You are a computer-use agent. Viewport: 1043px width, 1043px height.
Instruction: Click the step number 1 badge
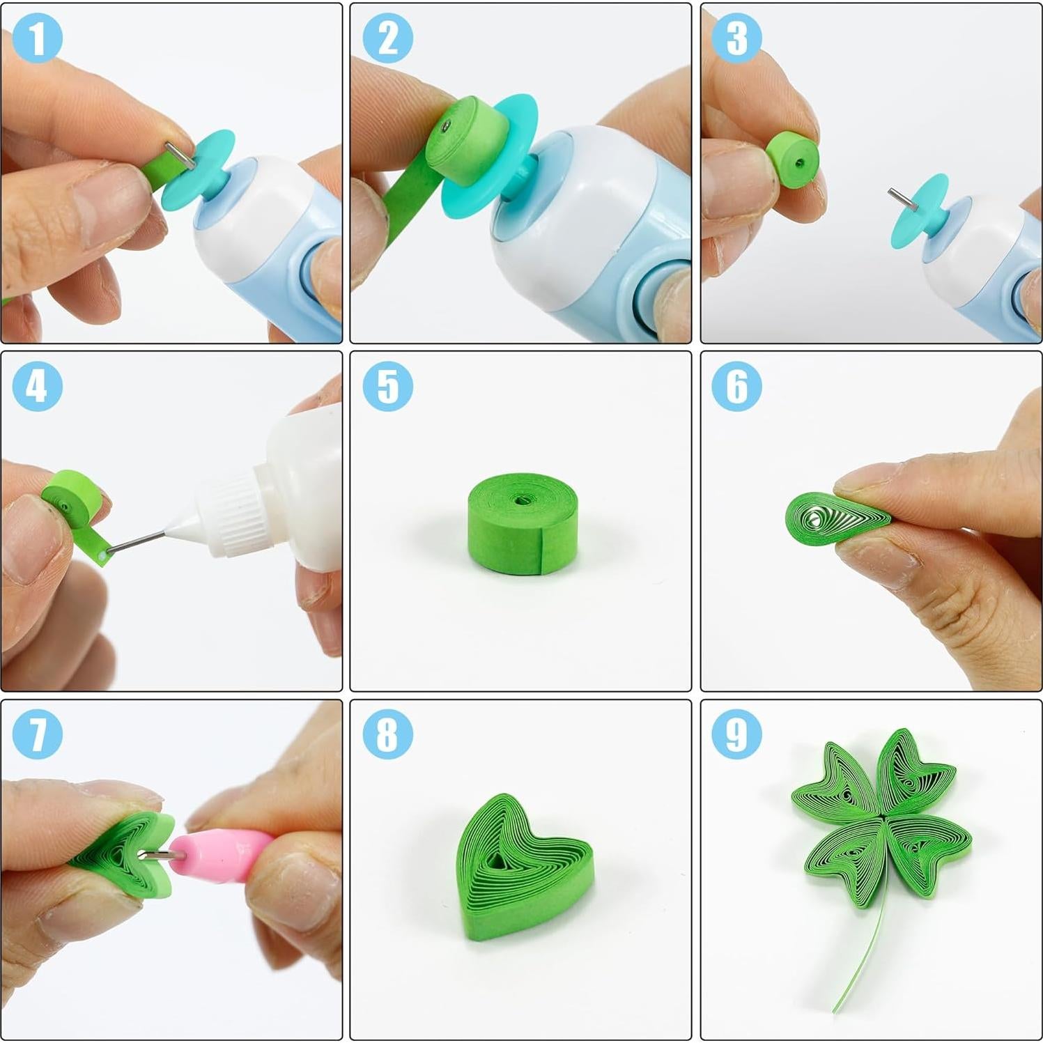coord(38,38)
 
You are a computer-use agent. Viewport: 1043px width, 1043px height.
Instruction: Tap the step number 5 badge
coord(388,386)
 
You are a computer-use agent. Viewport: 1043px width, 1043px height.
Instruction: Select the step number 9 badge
coord(736,734)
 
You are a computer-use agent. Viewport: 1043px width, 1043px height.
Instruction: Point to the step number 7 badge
coord(38,734)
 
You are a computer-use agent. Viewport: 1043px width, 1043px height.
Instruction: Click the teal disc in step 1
coord(199,171)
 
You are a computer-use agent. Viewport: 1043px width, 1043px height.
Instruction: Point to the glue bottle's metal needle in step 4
coord(136,542)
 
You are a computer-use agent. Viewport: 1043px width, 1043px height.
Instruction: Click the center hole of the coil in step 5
coord(520,500)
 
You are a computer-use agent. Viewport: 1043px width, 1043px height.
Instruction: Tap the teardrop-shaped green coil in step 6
coord(833,519)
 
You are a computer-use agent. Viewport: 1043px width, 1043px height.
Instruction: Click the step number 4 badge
coord(38,386)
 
